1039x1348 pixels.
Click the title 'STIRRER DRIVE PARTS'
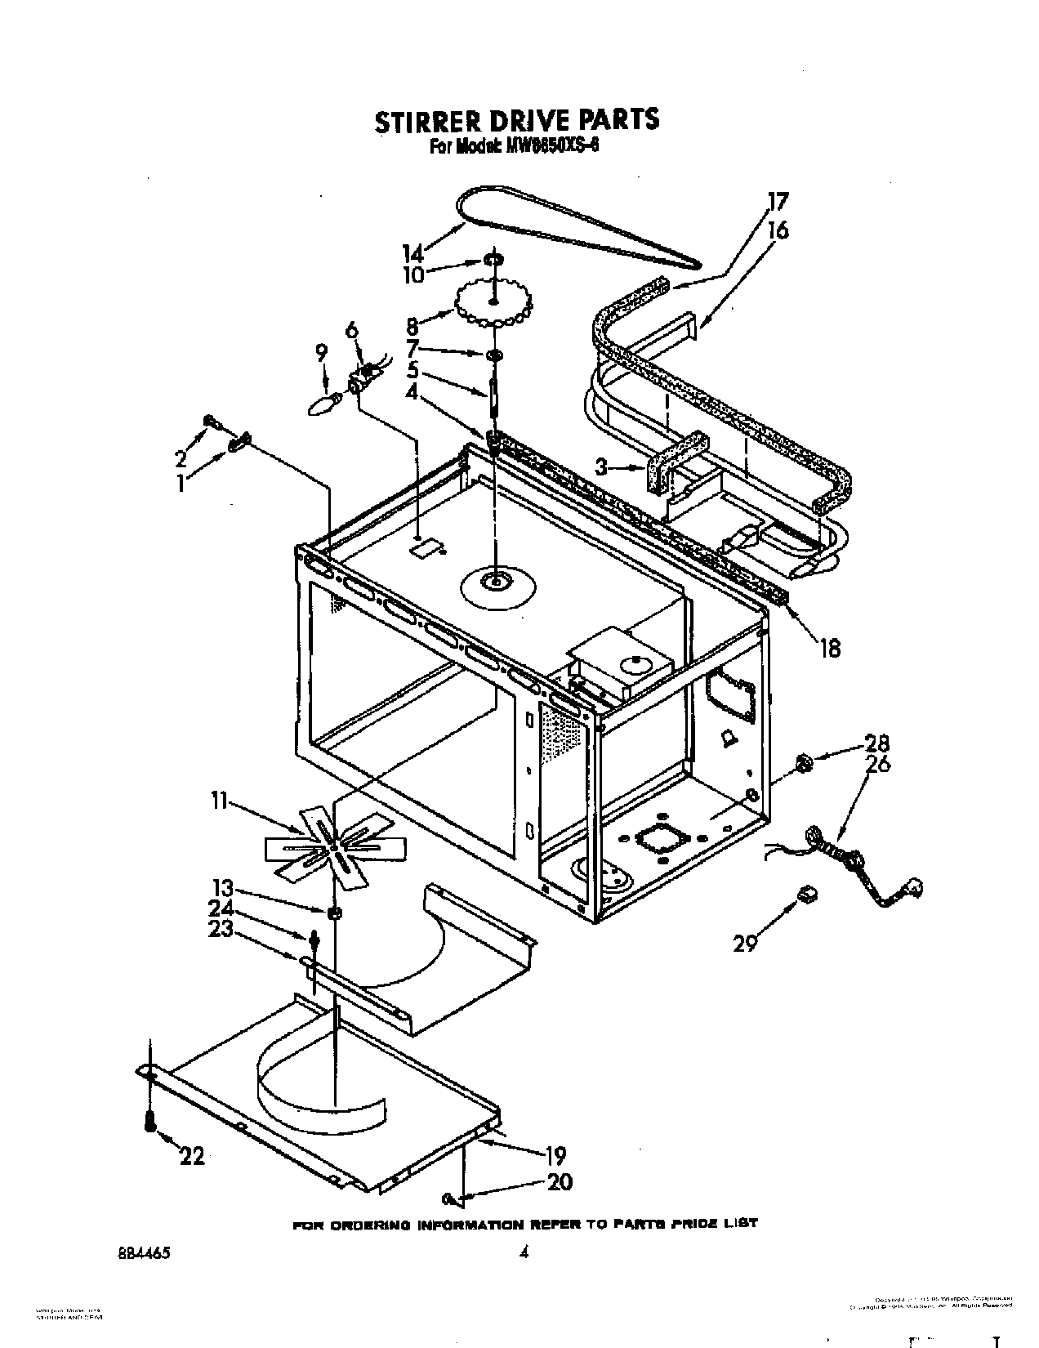(x=516, y=119)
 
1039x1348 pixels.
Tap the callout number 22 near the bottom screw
(x=192, y=1155)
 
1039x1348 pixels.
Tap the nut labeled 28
(x=803, y=765)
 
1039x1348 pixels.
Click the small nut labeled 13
(x=334, y=913)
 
